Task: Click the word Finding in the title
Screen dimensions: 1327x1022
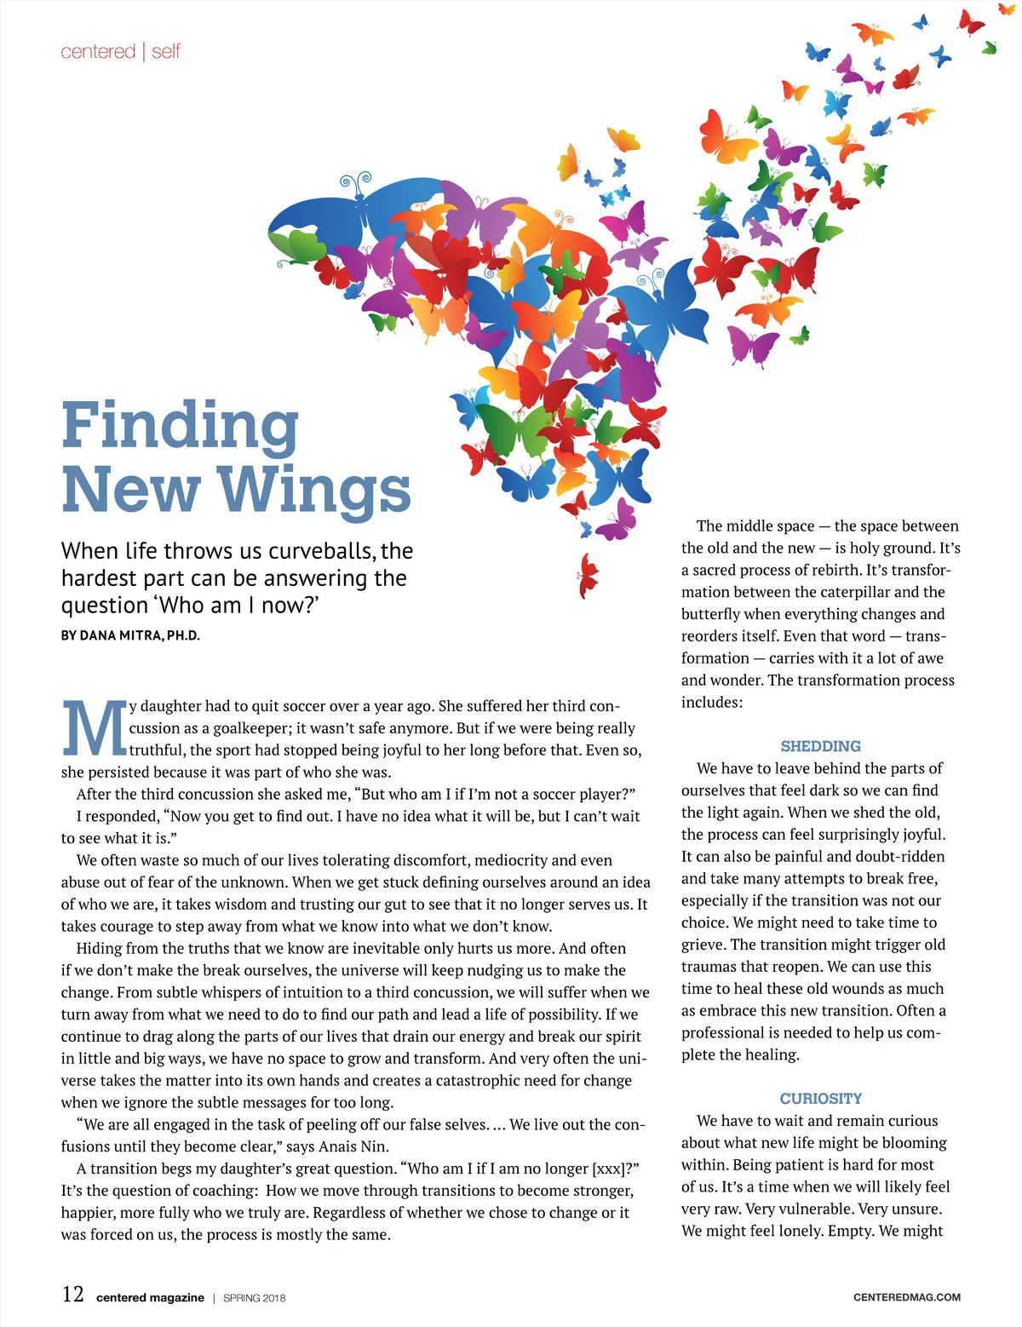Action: coord(181,426)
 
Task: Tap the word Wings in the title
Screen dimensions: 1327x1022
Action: coord(314,491)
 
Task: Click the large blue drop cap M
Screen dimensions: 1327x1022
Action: coord(94,729)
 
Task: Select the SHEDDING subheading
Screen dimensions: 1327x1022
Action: coord(820,746)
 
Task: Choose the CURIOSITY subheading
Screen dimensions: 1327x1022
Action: coord(820,1099)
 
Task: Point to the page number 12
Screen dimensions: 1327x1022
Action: coord(73,1295)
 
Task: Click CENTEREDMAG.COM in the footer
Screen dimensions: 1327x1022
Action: coord(906,1297)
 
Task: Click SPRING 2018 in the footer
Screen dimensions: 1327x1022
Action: coord(254,1298)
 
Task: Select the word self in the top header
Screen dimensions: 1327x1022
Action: coord(166,52)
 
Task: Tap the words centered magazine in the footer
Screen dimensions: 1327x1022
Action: coord(150,1298)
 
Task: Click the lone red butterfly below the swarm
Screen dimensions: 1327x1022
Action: coord(588,575)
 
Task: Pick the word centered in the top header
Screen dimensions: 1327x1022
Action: coord(98,52)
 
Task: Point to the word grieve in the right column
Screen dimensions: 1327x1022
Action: coord(702,945)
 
